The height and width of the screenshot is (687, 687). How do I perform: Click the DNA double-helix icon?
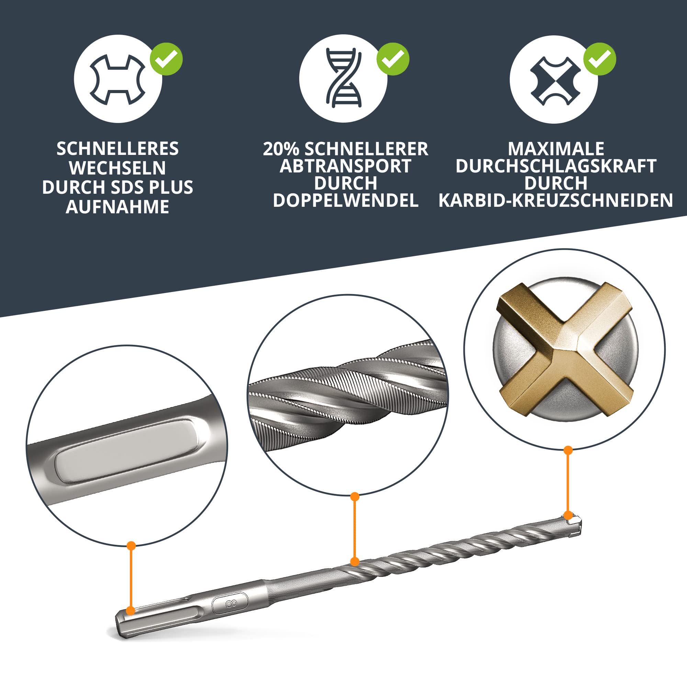click(x=343, y=79)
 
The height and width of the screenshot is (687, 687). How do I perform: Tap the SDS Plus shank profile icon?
click(x=118, y=79)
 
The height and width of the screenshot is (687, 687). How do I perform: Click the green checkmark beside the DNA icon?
click(x=393, y=59)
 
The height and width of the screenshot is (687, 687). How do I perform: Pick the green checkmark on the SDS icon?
click(x=166, y=59)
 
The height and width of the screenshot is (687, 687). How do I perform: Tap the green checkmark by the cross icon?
click(x=599, y=59)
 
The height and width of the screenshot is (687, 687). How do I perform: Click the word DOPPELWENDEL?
click(x=346, y=201)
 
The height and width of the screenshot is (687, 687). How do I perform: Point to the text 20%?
click(x=281, y=149)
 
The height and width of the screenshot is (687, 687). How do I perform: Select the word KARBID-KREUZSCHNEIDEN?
click(x=555, y=201)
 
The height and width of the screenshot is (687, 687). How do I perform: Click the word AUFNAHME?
click(x=118, y=206)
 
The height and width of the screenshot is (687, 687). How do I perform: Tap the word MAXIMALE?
click(x=556, y=149)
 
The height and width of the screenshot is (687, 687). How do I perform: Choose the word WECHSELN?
click(x=118, y=168)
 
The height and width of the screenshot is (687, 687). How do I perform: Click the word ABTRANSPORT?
click(x=346, y=166)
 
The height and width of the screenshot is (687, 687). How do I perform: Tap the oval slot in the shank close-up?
click(x=127, y=451)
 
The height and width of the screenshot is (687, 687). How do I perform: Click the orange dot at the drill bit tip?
click(x=568, y=515)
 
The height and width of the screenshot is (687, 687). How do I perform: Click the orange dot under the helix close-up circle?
click(x=354, y=497)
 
